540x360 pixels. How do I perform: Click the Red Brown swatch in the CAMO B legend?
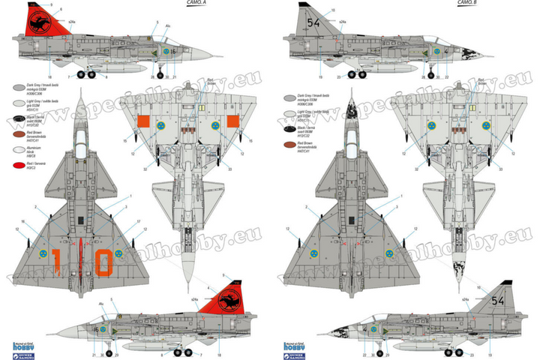pos(288,143)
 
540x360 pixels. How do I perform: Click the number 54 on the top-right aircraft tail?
pos(313,24)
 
